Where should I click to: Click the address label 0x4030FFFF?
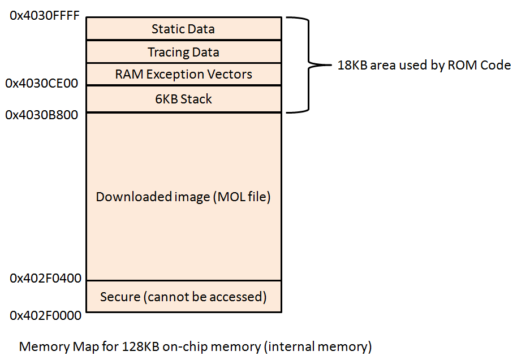45,16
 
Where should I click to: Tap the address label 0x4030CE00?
42,83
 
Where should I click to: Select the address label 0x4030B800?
42,115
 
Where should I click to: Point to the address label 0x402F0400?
45,278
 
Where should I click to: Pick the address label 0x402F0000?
45,315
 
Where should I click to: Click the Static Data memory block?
183,28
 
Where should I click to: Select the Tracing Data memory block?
183,52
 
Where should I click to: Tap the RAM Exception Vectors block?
183,74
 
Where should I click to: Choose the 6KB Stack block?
183,99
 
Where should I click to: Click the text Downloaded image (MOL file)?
183,197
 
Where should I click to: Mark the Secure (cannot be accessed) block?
183,296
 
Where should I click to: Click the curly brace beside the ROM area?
308,65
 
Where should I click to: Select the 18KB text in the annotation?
351,65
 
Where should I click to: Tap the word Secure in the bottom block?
118,296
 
